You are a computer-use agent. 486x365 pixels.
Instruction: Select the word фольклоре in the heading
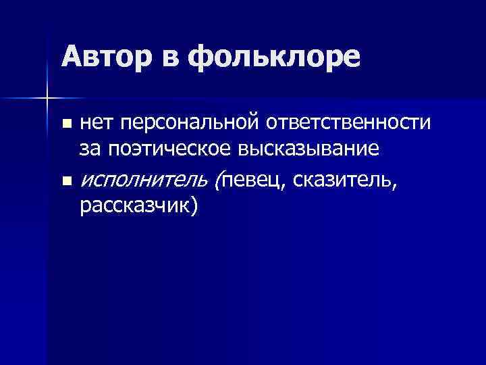[274, 58]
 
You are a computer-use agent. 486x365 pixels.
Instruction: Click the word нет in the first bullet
[97, 123]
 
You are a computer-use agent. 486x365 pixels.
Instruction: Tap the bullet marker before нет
[65, 124]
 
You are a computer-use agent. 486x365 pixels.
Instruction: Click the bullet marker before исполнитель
[65, 180]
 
